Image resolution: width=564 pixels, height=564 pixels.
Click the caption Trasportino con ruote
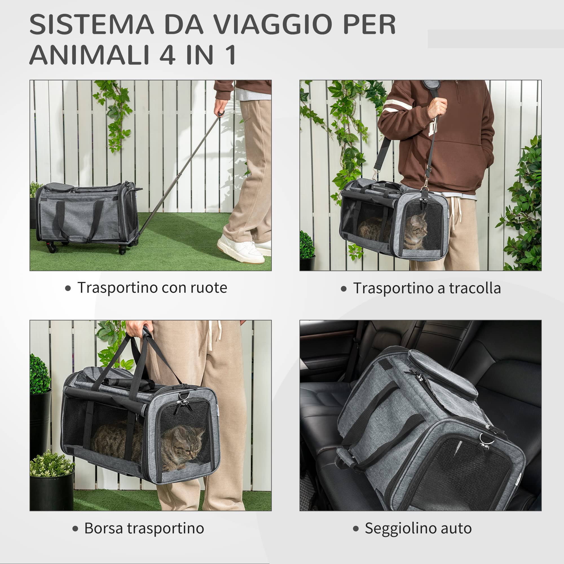(152, 288)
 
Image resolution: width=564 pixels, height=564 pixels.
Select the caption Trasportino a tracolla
(427, 288)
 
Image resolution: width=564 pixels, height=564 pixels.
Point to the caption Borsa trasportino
(144, 528)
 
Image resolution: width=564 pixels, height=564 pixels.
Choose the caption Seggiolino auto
(418, 528)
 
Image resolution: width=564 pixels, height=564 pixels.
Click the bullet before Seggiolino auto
(356, 529)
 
